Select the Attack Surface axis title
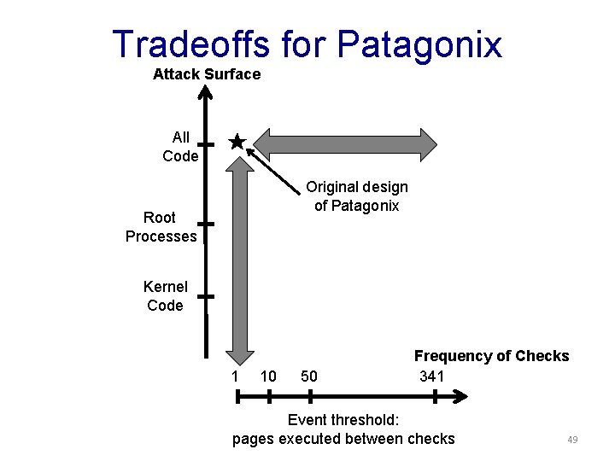coord(207,74)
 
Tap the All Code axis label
coord(180,147)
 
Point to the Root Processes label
coord(161,227)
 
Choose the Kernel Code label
coord(165,296)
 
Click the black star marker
coord(237,142)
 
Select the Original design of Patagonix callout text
coord(357,196)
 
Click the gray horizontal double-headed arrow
coord(346,143)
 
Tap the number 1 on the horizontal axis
coord(235,376)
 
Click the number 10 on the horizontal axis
coord(268,376)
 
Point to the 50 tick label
coord(309,376)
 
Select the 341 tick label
coord(432,376)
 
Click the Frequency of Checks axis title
coord(491,356)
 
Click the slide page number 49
coord(572,440)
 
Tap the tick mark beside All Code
coord(205,145)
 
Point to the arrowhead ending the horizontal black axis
coord(462,397)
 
